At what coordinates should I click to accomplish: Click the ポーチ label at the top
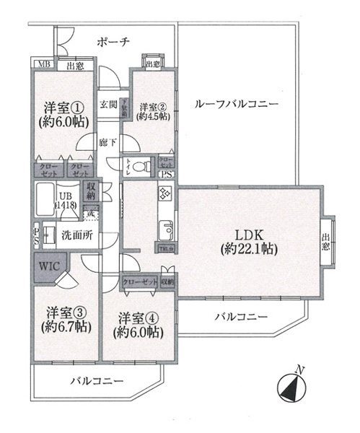pyautogui.click(x=113, y=43)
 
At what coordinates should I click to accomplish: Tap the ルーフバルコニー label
pyautogui.click(x=237, y=105)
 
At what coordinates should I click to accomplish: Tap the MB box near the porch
pyautogui.click(x=45, y=66)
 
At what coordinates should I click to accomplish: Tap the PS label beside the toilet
pyautogui.click(x=165, y=175)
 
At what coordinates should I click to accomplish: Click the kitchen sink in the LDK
pyautogui.click(x=165, y=229)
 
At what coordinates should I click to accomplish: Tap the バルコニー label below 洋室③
pyautogui.click(x=97, y=381)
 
